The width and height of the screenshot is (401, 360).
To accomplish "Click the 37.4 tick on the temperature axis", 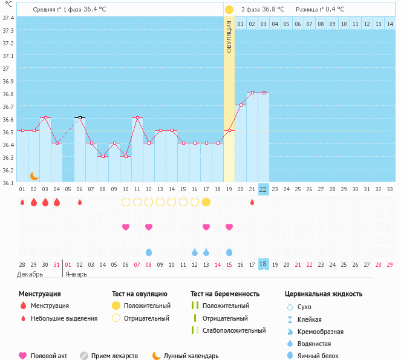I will (8, 18).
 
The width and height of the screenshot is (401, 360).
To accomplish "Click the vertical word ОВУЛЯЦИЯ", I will (229, 36).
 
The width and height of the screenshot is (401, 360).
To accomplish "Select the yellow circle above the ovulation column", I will (229, 10).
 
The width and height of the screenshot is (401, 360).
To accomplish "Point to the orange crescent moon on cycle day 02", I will (34, 175).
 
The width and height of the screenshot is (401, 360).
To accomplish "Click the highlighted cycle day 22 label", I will (263, 189).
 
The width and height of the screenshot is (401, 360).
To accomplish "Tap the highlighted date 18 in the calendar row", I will (263, 264).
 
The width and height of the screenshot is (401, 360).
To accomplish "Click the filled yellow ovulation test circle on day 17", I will (206, 202).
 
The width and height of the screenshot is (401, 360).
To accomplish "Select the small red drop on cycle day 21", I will (252, 202).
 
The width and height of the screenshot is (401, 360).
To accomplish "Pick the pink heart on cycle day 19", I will (229, 227).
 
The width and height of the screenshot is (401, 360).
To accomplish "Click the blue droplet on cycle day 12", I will (149, 252).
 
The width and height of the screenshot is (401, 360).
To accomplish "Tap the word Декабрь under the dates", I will (30, 274).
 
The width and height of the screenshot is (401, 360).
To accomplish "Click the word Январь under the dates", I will (76, 274).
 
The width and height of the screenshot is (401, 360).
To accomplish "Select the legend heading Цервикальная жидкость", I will (324, 294).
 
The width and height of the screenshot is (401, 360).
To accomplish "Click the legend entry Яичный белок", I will (322, 356).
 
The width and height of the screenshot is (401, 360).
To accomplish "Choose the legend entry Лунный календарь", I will (191, 356).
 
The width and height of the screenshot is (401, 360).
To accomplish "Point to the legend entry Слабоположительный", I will (234, 330).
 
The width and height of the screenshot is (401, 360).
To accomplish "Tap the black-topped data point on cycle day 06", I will (80, 117).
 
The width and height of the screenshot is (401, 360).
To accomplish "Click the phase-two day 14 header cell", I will (390, 24).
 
